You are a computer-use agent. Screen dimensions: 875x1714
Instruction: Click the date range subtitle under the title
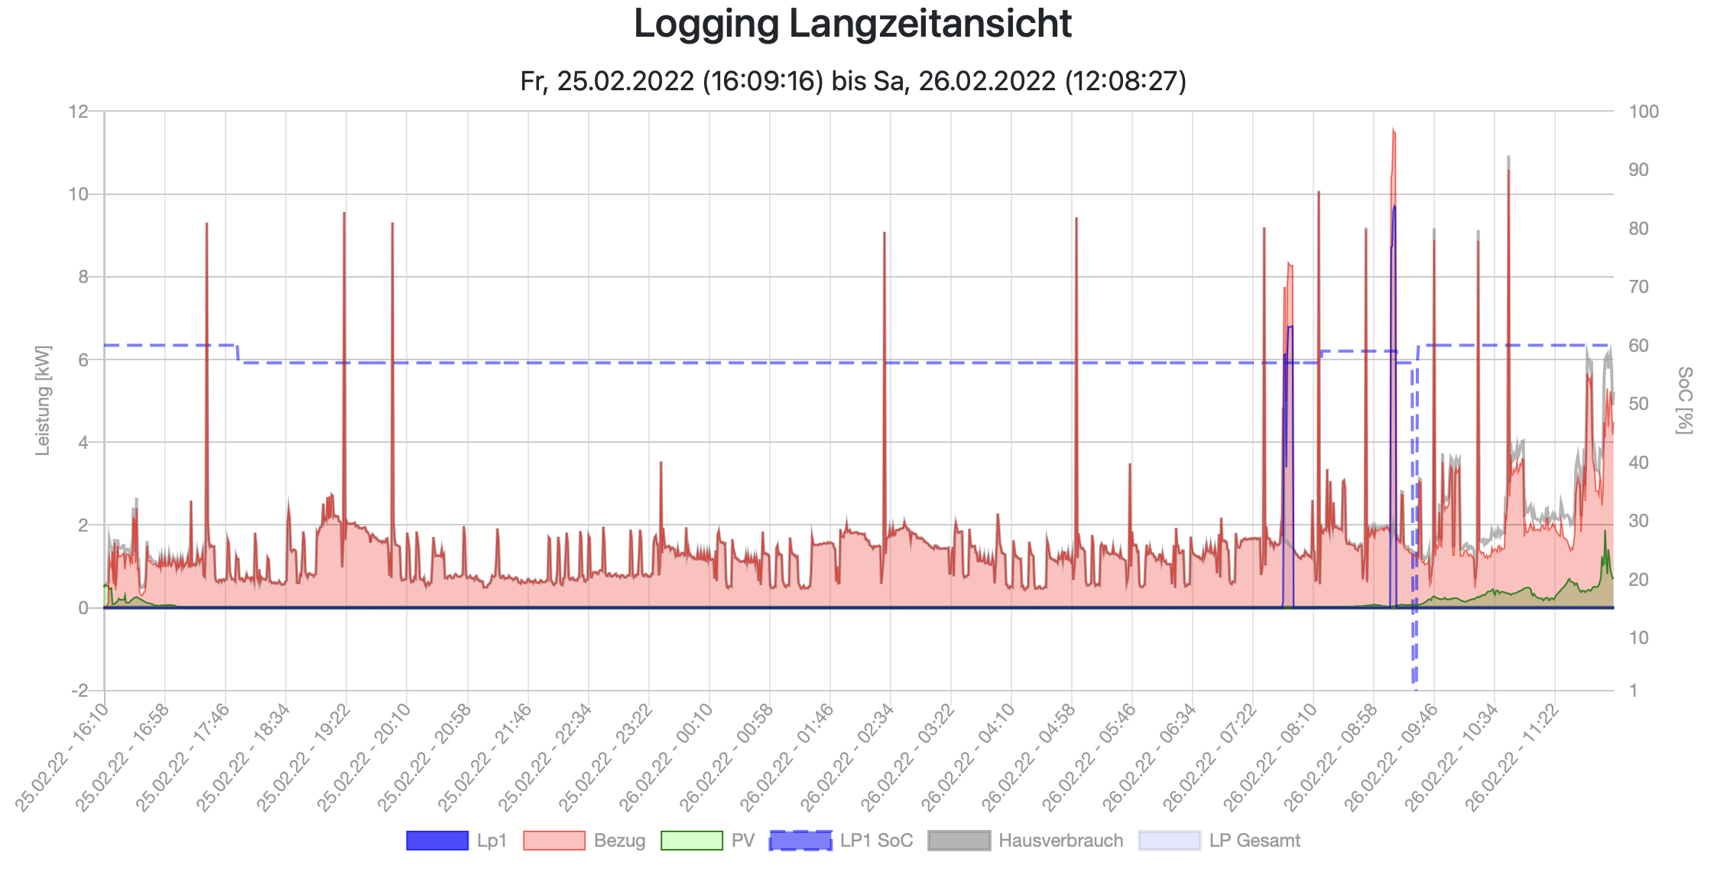pyautogui.click(x=852, y=81)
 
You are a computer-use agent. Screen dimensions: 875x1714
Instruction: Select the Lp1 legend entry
pyautogui.click(x=456, y=841)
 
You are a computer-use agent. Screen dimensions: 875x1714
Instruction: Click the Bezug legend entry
pyautogui.click(x=584, y=841)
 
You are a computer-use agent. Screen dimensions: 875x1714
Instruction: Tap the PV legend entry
pyautogui.click(x=707, y=841)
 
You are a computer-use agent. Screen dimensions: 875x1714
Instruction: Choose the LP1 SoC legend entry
pyautogui.click(x=841, y=841)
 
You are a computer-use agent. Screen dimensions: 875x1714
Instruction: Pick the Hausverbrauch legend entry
pyautogui.click(x=1025, y=841)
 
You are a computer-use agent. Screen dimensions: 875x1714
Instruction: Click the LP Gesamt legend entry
pyautogui.click(x=1219, y=841)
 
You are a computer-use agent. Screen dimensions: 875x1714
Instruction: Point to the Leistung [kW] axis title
pyautogui.click(x=43, y=400)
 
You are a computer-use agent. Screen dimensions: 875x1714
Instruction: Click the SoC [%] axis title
pyautogui.click(x=1684, y=400)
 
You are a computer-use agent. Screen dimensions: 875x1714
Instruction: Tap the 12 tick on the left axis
pyautogui.click(x=78, y=112)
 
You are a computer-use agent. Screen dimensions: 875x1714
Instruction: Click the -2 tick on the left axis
pyautogui.click(x=80, y=691)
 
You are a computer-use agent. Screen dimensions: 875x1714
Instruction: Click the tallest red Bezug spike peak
pyautogui.click(x=1394, y=130)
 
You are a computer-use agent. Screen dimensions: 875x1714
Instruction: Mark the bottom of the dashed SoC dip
pyautogui.click(x=1415, y=688)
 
